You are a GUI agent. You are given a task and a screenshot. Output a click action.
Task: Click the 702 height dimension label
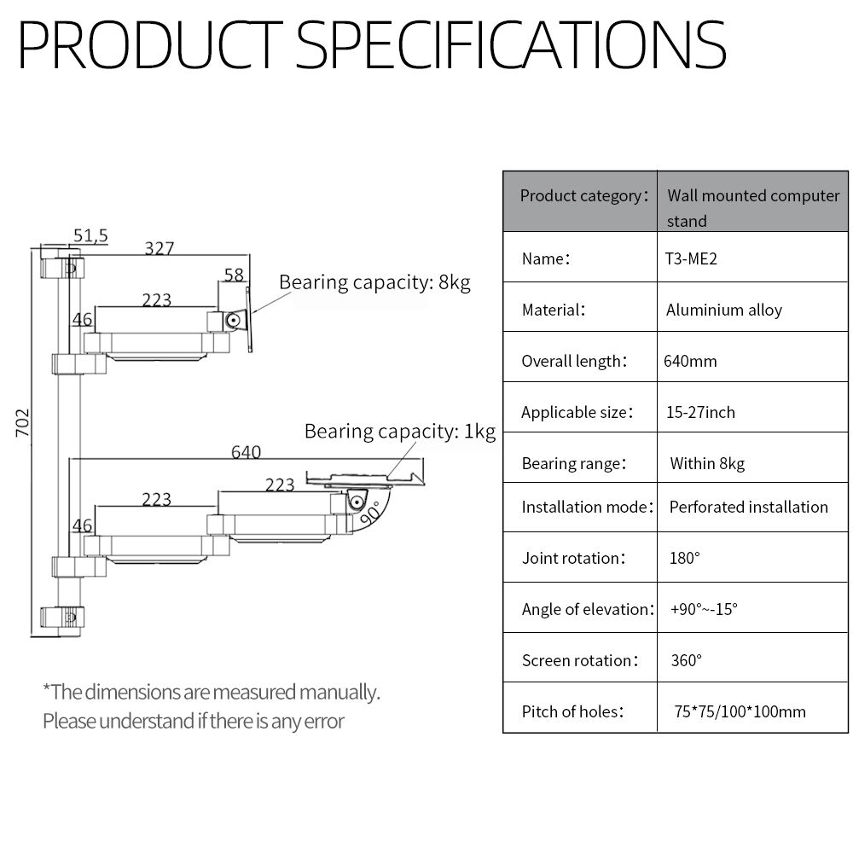click(x=23, y=422)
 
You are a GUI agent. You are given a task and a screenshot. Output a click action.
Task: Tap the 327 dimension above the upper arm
click(x=160, y=248)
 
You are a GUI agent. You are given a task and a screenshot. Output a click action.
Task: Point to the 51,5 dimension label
click(x=90, y=235)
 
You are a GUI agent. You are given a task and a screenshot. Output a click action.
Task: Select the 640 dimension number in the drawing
click(x=246, y=452)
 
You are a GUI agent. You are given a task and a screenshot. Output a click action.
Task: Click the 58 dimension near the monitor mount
click(x=234, y=275)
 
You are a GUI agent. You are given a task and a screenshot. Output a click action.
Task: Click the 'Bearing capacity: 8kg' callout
click(x=374, y=282)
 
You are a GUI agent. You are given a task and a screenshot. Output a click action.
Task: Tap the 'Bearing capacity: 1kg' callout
click(x=399, y=431)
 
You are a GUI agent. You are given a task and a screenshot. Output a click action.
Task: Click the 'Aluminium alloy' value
click(x=723, y=310)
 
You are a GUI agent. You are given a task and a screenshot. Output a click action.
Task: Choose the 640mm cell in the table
click(x=690, y=361)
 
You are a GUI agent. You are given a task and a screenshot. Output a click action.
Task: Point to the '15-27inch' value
click(x=700, y=412)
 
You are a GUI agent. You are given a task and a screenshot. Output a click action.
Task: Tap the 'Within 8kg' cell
click(x=706, y=463)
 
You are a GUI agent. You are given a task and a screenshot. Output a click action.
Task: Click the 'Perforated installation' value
click(x=748, y=507)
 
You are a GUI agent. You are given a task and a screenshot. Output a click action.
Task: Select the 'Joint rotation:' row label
click(x=573, y=558)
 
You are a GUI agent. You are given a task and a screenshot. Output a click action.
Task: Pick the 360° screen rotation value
click(x=686, y=660)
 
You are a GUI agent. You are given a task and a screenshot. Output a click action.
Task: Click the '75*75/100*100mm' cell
click(x=740, y=711)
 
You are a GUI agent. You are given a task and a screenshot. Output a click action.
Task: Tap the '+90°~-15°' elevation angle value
click(x=705, y=609)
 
